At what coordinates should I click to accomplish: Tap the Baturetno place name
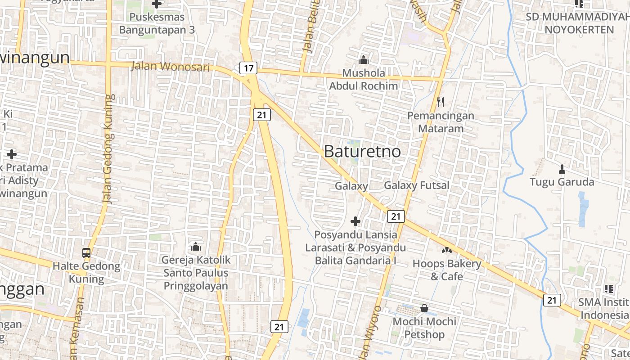362,151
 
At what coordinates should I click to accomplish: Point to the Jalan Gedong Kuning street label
108,148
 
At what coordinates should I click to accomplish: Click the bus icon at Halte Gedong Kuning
86,252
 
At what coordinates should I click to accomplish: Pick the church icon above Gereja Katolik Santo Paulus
195,246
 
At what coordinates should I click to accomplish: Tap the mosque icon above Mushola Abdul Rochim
364,59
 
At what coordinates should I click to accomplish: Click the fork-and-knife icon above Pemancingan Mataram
441,102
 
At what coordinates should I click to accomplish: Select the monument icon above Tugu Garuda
562,169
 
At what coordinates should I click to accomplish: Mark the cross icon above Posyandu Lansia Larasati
355,221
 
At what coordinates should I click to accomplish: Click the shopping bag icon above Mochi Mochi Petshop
424,308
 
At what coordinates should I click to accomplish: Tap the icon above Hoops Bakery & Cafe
446,250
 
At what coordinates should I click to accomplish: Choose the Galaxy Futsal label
416,185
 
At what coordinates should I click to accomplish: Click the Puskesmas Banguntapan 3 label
157,24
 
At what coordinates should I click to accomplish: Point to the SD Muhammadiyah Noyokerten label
579,23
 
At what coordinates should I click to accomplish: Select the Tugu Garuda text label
562,182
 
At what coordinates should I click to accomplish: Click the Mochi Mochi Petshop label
424,328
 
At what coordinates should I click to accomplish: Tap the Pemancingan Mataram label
441,122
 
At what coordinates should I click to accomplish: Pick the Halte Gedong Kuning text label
86,272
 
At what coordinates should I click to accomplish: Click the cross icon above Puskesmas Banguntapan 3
157,4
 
